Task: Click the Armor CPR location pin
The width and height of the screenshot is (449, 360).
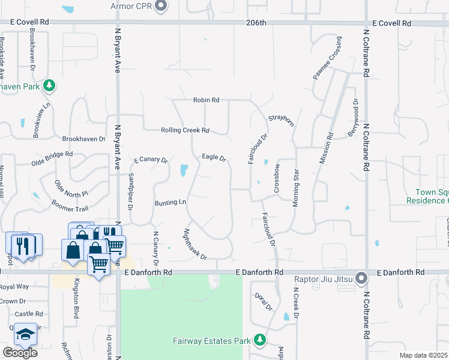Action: coord(160,6)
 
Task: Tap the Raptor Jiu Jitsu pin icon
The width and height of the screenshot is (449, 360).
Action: coord(361,278)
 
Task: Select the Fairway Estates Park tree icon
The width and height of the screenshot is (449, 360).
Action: coord(259,341)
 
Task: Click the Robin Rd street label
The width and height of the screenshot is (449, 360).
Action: coord(206,100)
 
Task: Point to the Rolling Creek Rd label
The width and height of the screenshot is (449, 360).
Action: coord(185,130)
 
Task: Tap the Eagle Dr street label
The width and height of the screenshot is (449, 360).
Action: coord(213,158)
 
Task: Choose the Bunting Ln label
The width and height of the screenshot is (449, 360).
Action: coord(170,203)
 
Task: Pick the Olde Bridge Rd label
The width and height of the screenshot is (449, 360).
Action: coord(52,158)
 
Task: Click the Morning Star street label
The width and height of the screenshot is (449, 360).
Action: coord(296,188)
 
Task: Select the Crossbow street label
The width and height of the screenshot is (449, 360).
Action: coord(277,178)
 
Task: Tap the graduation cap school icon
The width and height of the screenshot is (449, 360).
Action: coord(25,334)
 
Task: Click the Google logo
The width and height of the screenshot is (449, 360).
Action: coord(20,352)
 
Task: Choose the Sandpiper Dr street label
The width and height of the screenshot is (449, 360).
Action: coord(131,192)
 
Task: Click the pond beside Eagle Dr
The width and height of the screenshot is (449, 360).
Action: coord(183,171)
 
